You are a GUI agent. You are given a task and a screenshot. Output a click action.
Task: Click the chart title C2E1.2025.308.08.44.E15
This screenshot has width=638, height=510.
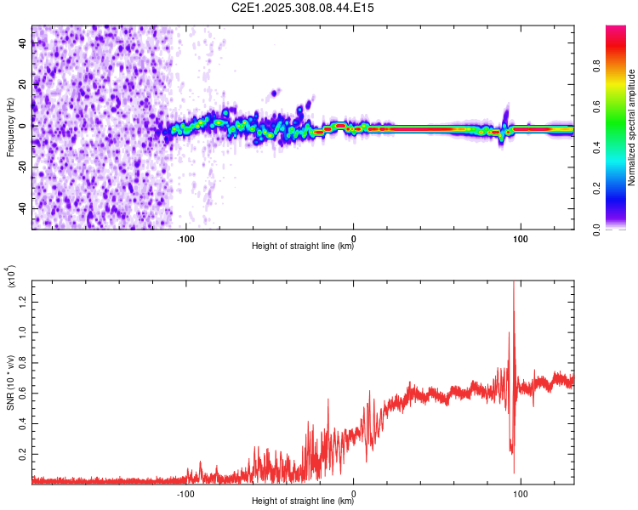tap(304, 8)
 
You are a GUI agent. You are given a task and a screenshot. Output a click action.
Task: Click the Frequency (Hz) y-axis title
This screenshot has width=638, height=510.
tap(10, 127)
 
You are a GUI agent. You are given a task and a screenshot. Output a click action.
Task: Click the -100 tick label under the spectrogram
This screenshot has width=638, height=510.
tap(185, 237)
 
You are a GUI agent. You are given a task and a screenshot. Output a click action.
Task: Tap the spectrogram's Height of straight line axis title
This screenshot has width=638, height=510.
tap(303, 246)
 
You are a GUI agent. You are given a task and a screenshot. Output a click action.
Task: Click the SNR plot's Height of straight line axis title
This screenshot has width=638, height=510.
tap(303, 501)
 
